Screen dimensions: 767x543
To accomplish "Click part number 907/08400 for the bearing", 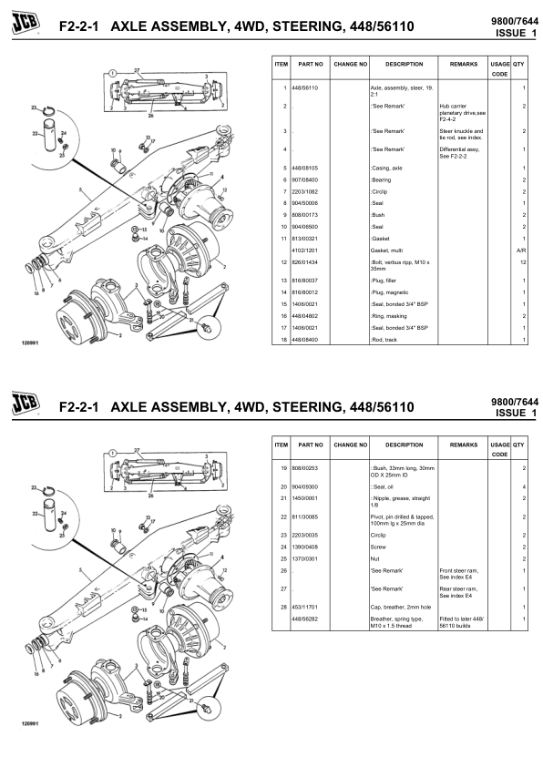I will coord(305,179).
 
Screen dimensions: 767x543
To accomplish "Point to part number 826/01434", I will coord(305,261).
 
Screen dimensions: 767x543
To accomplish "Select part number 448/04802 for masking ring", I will coord(305,315).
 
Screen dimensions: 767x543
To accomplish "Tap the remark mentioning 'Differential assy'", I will coord(460,152).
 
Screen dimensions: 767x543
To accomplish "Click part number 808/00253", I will coord(305,466).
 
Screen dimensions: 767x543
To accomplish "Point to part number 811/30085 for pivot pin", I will coord(305,516).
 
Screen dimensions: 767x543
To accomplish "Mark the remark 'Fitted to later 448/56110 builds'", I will coord(460,622).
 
